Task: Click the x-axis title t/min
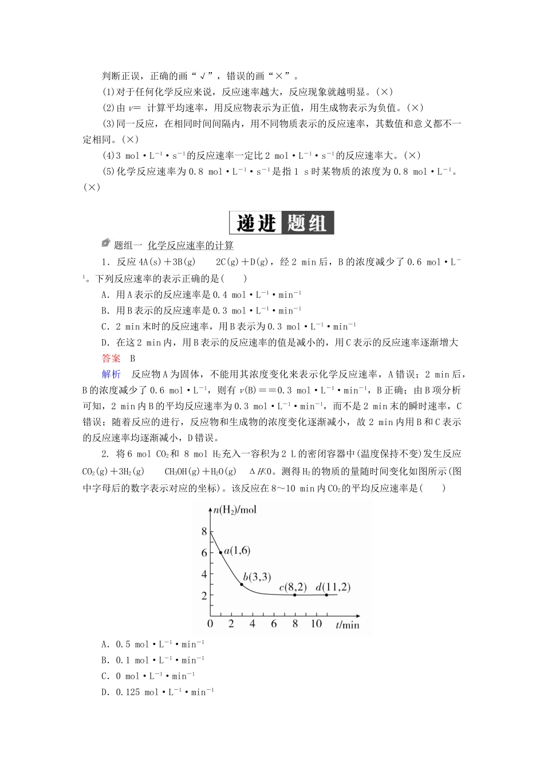(x=348, y=624)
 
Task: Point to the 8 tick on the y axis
(x=204, y=532)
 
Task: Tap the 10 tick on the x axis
(x=316, y=623)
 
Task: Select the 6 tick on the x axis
(x=274, y=623)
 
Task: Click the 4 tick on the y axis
(x=204, y=574)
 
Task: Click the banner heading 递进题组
(x=281, y=223)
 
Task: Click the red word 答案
(x=111, y=359)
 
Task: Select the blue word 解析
(x=111, y=375)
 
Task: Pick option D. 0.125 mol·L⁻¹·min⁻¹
(x=157, y=692)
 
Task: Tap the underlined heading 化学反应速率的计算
(x=190, y=246)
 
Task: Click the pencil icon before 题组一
(x=105, y=243)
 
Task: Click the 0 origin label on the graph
(x=210, y=623)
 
